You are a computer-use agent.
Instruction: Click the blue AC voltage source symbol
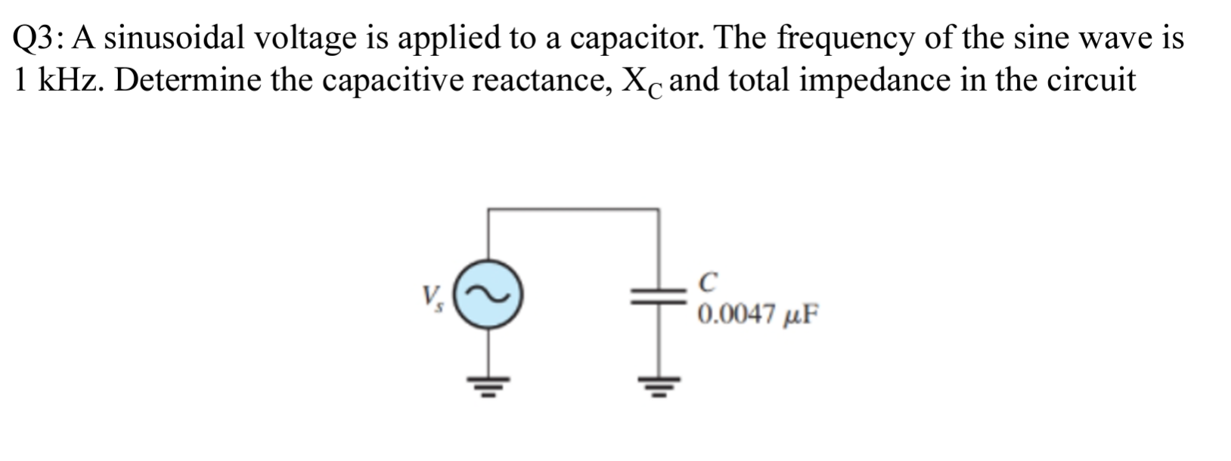[x=489, y=294]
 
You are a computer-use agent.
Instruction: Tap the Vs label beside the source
[x=434, y=297]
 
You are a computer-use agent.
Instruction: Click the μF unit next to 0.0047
[x=800, y=314]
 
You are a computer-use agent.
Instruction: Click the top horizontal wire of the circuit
[x=573, y=209]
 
